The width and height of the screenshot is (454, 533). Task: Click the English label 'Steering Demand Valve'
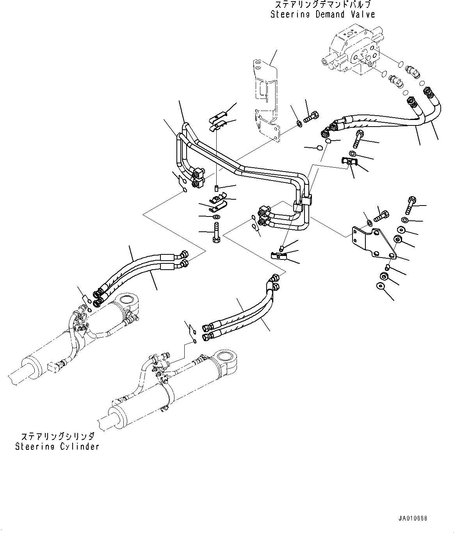coord(322,14)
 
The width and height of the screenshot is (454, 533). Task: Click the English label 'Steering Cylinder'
coord(57,446)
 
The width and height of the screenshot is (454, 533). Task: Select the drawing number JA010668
coord(413,518)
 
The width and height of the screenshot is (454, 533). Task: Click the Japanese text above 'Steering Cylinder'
coord(57,436)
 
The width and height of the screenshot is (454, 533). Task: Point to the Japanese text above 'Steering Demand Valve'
coord(322,5)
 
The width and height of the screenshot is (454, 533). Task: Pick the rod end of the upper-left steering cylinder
coord(20,374)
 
